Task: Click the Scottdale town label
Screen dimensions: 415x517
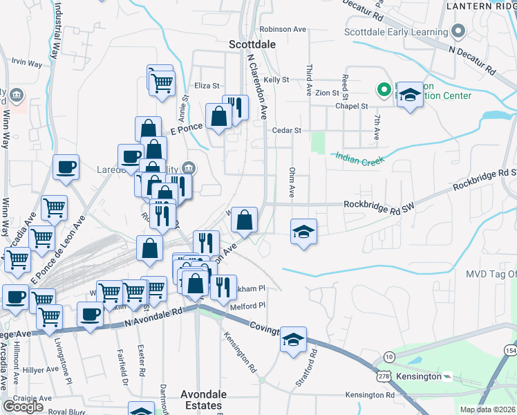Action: click(252, 44)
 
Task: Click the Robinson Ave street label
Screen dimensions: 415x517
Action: click(283, 30)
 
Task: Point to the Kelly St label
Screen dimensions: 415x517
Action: click(276, 80)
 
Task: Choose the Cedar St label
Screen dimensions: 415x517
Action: click(287, 130)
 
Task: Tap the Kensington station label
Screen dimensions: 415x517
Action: click(420, 376)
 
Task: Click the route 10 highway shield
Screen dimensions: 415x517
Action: click(390, 356)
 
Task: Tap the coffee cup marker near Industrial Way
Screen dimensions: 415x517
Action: click(66, 167)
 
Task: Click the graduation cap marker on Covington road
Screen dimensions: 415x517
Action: click(294, 340)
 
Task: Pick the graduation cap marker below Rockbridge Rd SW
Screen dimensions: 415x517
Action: click(303, 232)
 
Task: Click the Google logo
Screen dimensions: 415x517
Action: click(23, 407)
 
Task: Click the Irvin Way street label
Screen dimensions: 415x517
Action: click(27, 63)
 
